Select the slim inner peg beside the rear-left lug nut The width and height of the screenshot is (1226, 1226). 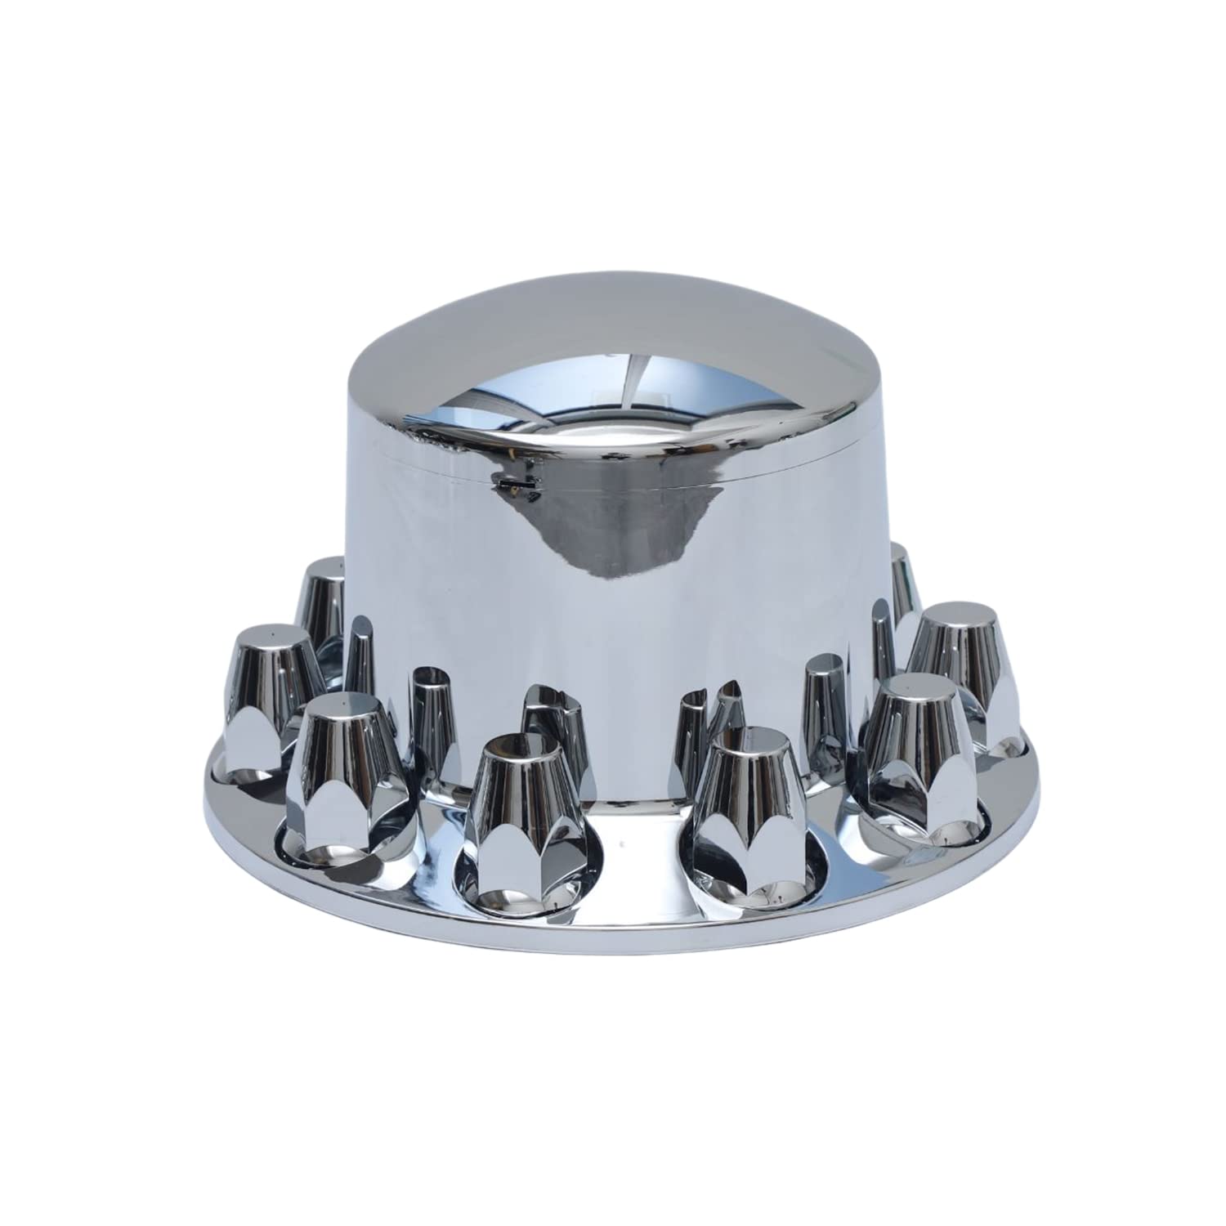[x=360, y=654]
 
